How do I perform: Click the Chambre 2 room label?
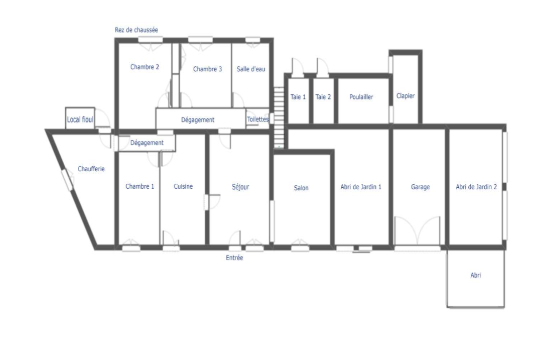pyautogui.click(x=145, y=67)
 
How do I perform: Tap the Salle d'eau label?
pyautogui.click(x=251, y=69)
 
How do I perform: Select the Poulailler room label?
pyautogui.click(x=361, y=97)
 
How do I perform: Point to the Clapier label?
pyautogui.click(x=405, y=96)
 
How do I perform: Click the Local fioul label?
pyautogui.click(x=80, y=119)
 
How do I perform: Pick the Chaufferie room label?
pyautogui.click(x=91, y=169)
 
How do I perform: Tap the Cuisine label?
pyautogui.click(x=183, y=186)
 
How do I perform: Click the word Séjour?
pyautogui.click(x=240, y=187)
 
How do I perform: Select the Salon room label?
pyautogui.click(x=301, y=188)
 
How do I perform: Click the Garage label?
pyautogui.click(x=420, y=187)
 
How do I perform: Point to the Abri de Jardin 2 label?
pyautogui.click(x=476, y=187)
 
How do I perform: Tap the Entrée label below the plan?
pyautogui.click(x=234, y=258)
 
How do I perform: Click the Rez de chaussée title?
pyautogui.click(x=137, y=30)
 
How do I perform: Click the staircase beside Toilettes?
pyautogui.click(x=279, y=117)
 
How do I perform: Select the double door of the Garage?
pyautogui.click(x=417, y=231)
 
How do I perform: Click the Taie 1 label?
pyautogui.click(x=298, y=97)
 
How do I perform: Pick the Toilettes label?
pyautogui.click(x=257, y=119)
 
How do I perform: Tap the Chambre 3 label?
pyautogui.click(x=207, y=69)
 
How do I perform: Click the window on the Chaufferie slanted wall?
pyautogui.click(x=67, y=180)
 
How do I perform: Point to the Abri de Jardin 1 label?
pyautogui.click(x=361, y=187)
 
